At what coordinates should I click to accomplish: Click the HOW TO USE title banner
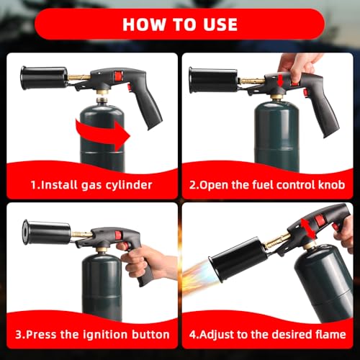point(179,23)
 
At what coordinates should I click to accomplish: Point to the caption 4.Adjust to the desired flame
point(270,334)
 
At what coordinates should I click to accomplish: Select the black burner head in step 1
point(42,78)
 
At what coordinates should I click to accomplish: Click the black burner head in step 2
point(212,79)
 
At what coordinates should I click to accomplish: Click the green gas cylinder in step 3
point(101,288)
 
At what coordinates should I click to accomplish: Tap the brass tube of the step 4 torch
point(277,241)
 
